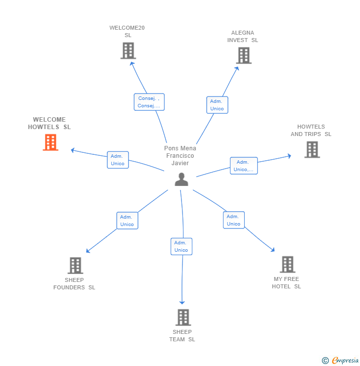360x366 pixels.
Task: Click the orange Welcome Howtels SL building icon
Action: click(x=50, y=142)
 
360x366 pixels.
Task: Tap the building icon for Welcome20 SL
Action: click(x=128, y=50)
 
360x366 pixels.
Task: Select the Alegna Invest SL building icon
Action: click(x=244, y=55)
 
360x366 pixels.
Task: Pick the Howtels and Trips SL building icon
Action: click(x=312, y=149)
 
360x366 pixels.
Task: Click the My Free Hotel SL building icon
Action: click(x=287, y=265)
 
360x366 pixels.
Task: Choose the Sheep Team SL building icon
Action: click(x=183, y=317)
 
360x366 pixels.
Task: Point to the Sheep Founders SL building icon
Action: click(x=75, y=266)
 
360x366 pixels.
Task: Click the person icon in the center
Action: click(x=181, y=180)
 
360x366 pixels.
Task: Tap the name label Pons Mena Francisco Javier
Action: click(x=180, y=155)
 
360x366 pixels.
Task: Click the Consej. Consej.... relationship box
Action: click(x=149, y=102)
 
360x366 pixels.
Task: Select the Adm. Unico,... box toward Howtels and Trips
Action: click(x=243, y=166)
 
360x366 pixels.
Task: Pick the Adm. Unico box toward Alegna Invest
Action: click(x=217, y=105)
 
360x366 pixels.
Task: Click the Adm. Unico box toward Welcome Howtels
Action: click(x=118, y=160)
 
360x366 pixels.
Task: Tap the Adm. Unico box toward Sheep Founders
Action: click(x=127, y=221)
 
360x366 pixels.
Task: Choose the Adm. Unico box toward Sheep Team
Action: click(x=181, y=246)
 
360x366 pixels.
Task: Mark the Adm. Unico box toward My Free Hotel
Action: click(x=233, y=220)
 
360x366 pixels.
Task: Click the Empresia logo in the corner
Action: click(x=340, y=360)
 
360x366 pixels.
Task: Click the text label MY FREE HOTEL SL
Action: click(x=286, y=283)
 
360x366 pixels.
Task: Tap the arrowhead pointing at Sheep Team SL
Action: click(x=182, y=302)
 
